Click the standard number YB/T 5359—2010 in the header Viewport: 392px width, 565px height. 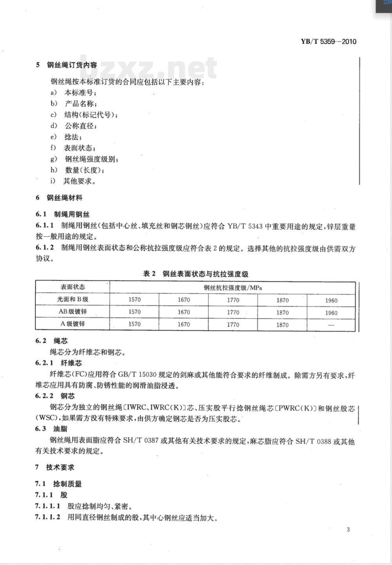328,42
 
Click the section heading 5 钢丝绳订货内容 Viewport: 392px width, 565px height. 66,65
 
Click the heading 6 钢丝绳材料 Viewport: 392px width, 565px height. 59,198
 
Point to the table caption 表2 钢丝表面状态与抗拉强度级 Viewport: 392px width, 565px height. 196,274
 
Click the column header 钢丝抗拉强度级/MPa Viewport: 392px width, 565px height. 232,288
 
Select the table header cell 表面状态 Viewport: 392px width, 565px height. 73,287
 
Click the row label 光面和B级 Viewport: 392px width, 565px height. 73,299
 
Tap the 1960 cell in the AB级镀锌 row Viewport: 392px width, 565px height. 331,313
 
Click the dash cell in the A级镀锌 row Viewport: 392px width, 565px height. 331,325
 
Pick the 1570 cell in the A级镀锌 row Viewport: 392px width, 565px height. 134,324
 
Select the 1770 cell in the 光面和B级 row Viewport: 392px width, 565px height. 233,300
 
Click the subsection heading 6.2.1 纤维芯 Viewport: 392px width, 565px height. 58,363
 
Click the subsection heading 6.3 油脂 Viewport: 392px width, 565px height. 51,429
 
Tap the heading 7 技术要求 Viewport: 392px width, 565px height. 55,467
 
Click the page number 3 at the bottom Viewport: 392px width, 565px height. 348,530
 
